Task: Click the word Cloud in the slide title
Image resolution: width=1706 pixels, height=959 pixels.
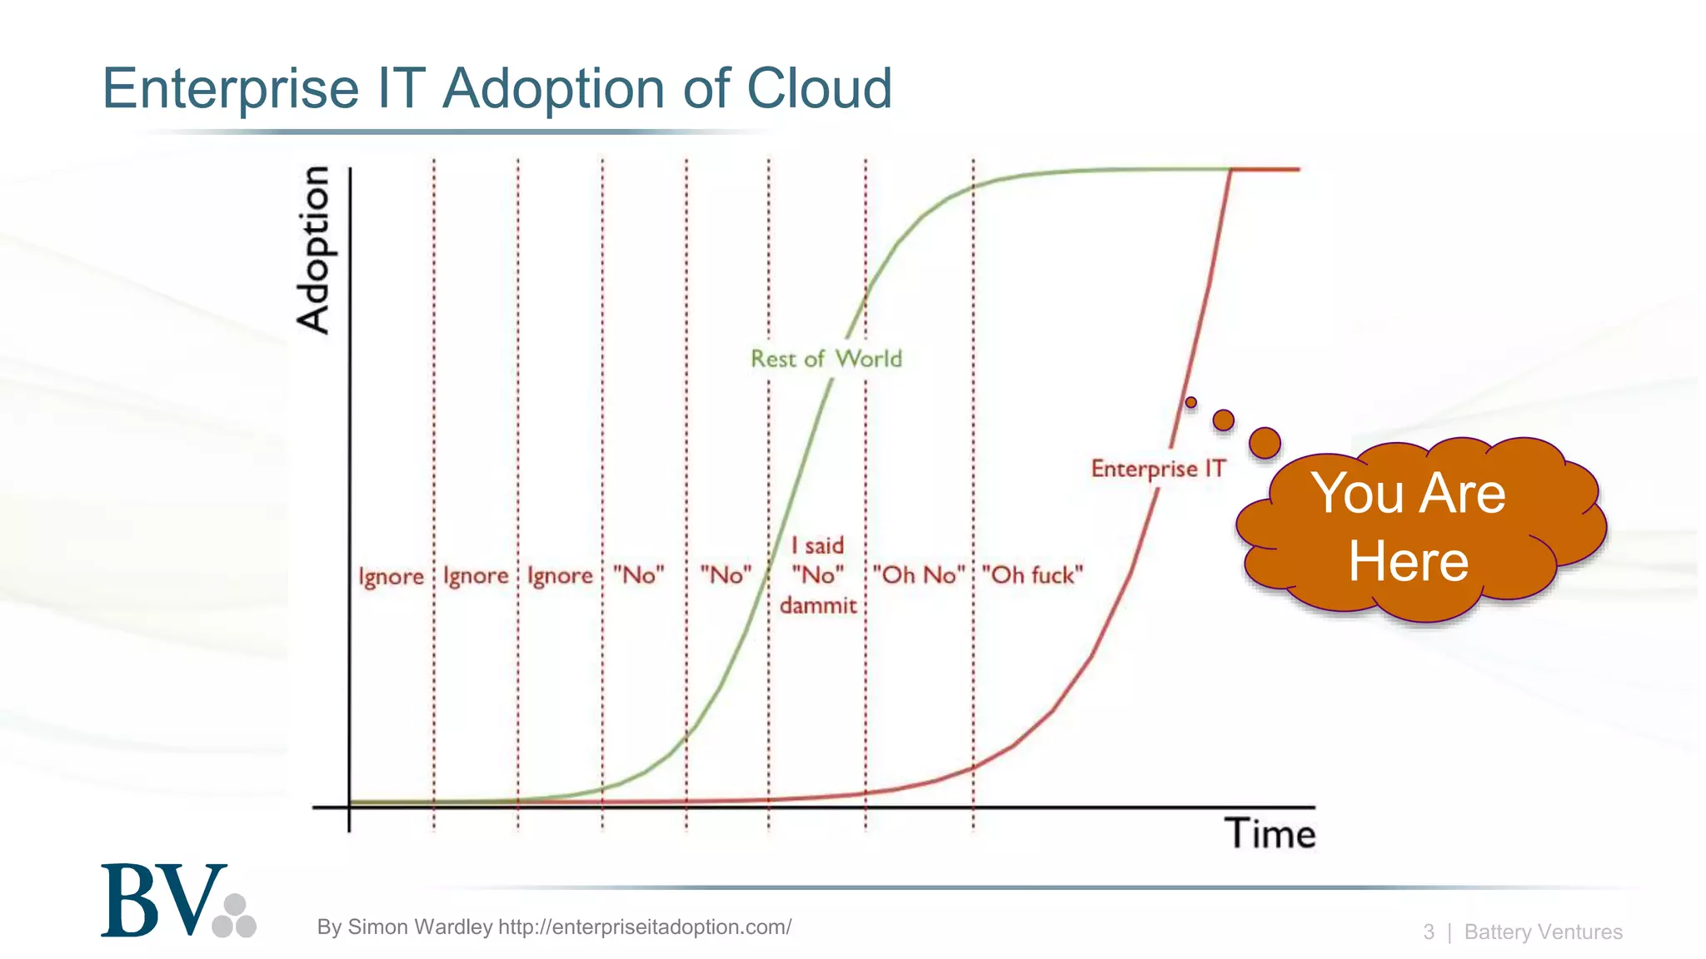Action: pyautogui.click(x=819, y=88)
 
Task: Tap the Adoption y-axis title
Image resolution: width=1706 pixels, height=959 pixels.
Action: pyautogui.click(x=314, y=250)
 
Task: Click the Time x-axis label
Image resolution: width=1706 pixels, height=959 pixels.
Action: pyautogui.click(x=1270, y=834)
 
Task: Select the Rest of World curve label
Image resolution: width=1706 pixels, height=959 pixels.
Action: pyautogui.click(x=826, y=359)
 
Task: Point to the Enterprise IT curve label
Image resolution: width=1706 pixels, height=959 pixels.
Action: pyautogui.click(x=1158, y=469)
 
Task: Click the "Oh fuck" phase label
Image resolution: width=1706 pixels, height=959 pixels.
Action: pyautogui.click(x=1032, y=575)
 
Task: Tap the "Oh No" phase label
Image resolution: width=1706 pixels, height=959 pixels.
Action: pyautogui.click(x=918, y=575)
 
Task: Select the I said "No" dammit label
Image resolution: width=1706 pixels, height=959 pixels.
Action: pyautogui.click(x=817, y=575)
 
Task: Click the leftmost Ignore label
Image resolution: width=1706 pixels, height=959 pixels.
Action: pyautogui.click(x=391, y=576)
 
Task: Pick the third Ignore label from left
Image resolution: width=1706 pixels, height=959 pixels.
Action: pyautogui.click(x=560, y=576)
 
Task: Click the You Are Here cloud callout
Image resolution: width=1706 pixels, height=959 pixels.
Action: pyautogui.click(x=1416, y=529)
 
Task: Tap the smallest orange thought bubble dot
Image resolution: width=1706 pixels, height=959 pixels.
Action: pyautogui.click(x=1191, y=403)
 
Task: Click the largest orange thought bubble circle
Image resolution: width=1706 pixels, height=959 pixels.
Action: pyautogui.click(x=1265, y=443)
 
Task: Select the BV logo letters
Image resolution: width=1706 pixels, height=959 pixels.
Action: pyautogui.click(x=162, y=902)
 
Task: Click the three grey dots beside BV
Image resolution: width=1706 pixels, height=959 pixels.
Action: pyautogui.click(x=235, y=917)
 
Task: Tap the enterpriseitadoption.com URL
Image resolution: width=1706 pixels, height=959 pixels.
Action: pyautogui.click(x=644, y=927)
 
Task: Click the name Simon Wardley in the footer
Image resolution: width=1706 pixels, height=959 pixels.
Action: pyautogui.click(x=420, y=927)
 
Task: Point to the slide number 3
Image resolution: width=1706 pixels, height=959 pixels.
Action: pyautogui.click(x=1429, y=932)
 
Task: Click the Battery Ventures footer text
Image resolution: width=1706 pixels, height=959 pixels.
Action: pyautogui.click(x=1543, y=932)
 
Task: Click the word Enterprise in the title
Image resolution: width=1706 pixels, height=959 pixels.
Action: pyautogui.click(x=230, y=88)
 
